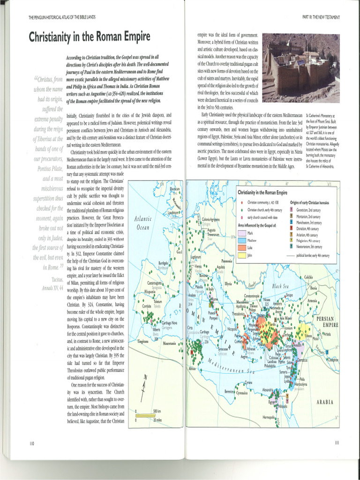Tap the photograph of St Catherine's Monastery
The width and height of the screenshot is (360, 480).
click(x=301, y=67)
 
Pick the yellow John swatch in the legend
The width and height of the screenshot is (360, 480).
click(x=242, y=255)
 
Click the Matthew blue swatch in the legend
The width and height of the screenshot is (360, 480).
click(x=242, y=240)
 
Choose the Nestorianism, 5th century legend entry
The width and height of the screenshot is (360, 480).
click(x=309, y=247)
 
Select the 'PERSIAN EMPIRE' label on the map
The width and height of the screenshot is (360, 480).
click(x=328, y=322)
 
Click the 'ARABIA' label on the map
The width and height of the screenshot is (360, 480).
click(x=324, y=402)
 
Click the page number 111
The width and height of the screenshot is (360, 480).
click(x=337, y=442)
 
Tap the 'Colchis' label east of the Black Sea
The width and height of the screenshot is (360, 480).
click(x=308, y=277)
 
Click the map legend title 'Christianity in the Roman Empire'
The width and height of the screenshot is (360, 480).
click(x=262, y=193)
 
